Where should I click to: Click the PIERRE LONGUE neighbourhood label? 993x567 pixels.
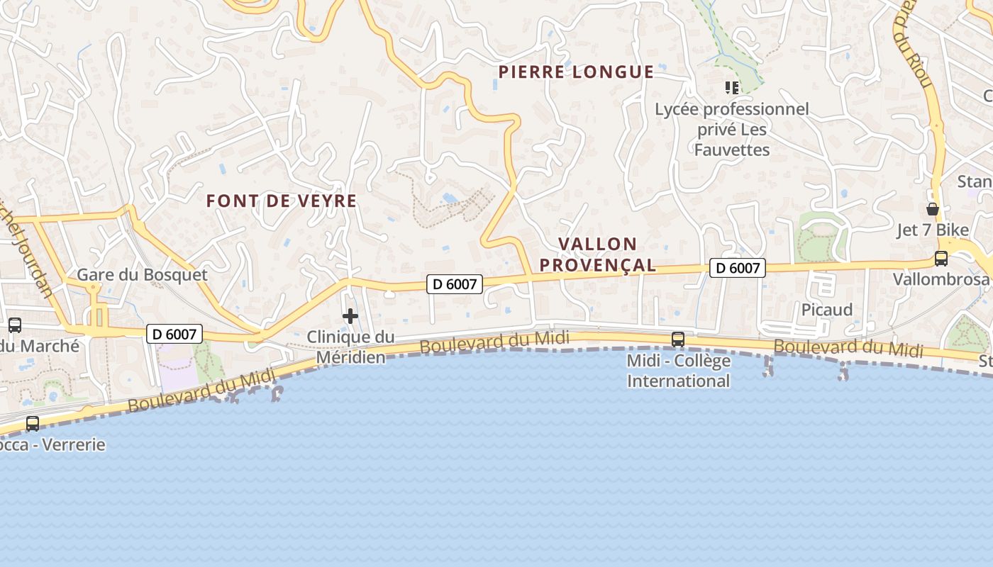(576, 72)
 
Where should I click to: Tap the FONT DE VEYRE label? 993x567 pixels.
(282, 201)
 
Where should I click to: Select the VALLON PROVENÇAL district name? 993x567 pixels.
(597, 254)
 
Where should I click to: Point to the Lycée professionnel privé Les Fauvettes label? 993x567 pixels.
(731, 129)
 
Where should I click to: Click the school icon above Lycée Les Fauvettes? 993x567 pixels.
(732, 88)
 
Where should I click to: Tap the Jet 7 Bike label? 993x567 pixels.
(932, 230)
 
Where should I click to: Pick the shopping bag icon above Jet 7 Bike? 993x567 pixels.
(932, 209)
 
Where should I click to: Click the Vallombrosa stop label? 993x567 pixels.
(941, 279)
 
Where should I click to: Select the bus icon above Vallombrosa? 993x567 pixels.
(941, 259)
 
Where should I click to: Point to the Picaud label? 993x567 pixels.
(826, 310)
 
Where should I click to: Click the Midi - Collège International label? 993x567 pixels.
(678, 371)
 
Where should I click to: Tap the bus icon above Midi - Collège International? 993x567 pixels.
(678, 339)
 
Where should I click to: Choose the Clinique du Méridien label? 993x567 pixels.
(350, 347)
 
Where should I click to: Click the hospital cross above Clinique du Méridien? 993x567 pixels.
(350, 316)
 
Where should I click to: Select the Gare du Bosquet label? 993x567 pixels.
(142, 274)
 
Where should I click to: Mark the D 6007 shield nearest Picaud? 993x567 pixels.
(738, 268)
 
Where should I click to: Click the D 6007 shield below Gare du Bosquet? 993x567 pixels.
(174, 334)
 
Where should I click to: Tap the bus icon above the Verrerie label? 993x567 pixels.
(33, 424)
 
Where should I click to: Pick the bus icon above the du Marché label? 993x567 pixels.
(14, 325)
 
